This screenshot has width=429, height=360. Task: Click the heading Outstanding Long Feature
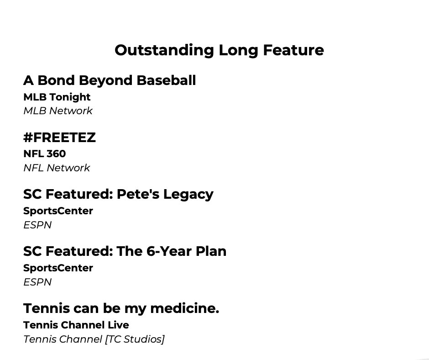pos(219,50)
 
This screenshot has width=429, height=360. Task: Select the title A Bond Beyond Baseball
pos(110,80)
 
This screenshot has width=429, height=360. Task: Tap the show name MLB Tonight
pos(57,97)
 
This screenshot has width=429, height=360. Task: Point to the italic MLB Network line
pos(58,111)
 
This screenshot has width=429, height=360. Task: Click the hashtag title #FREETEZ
pos(59,138)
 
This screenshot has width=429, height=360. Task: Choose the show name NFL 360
pos(44,154)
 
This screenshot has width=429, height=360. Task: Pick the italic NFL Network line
pos(57,168)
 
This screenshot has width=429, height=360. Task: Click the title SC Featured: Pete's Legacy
pos(118,194)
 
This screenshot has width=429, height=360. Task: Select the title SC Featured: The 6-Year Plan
pos(125,251)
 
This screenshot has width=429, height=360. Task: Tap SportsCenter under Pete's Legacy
pos(58,211)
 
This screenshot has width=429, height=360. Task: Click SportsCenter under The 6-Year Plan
pos(58,268)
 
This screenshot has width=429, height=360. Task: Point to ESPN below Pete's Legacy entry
pos(37,225)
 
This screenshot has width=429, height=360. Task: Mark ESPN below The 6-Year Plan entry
pos(37,282)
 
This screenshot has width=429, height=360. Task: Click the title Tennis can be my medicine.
pos(121,308)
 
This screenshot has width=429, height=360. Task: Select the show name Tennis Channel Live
pos(76,325)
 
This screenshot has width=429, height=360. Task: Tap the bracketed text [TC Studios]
pos(135,339)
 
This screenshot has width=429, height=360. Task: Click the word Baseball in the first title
pos(167,80)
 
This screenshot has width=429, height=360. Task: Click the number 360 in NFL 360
pos(56,154)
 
